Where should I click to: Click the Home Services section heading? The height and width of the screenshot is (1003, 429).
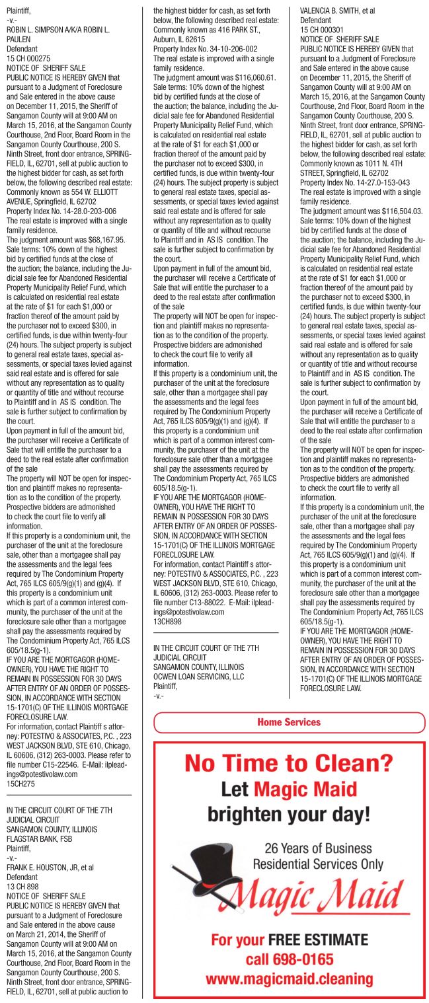289,722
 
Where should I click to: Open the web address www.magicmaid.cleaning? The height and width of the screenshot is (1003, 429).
289,979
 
